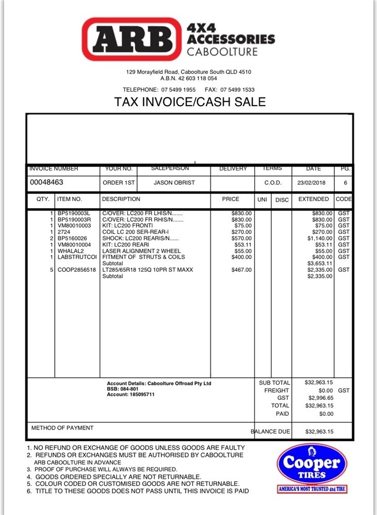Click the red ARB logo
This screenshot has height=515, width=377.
[132, 39]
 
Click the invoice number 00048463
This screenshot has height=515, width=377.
[47, 182]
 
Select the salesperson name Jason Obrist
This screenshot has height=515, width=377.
[174, 182]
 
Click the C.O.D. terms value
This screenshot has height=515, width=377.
[273, 182]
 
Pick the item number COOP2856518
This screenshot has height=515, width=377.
[76, 270]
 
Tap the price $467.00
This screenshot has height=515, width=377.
[242, 270]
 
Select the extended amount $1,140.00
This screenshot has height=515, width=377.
[319, 238]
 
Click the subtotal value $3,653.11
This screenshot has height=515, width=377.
[321, 264]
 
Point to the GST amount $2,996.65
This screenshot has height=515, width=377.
[321, 398]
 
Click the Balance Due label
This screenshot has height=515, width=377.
[271, 432]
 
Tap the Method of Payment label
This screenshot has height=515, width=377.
[62, 428]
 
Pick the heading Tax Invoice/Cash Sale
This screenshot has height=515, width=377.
[190, 102]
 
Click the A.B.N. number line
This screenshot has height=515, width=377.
[188, 78]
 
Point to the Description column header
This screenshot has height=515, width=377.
[121, 199]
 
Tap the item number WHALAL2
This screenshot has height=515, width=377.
[71, 250]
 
